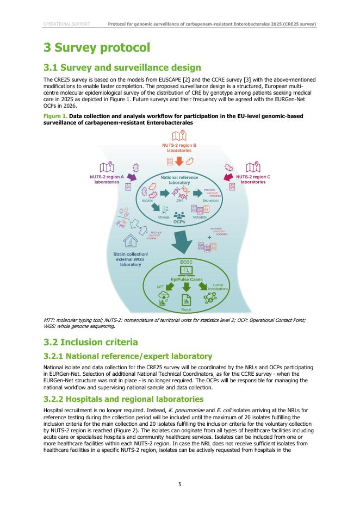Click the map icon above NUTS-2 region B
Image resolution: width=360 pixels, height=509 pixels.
179,136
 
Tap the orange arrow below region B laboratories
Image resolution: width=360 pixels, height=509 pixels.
179,162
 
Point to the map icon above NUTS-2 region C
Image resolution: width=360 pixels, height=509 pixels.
253,167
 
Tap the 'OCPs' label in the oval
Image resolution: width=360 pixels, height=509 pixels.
179,222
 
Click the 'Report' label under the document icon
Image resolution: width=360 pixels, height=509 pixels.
186,309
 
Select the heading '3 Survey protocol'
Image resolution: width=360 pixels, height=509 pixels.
96,48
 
